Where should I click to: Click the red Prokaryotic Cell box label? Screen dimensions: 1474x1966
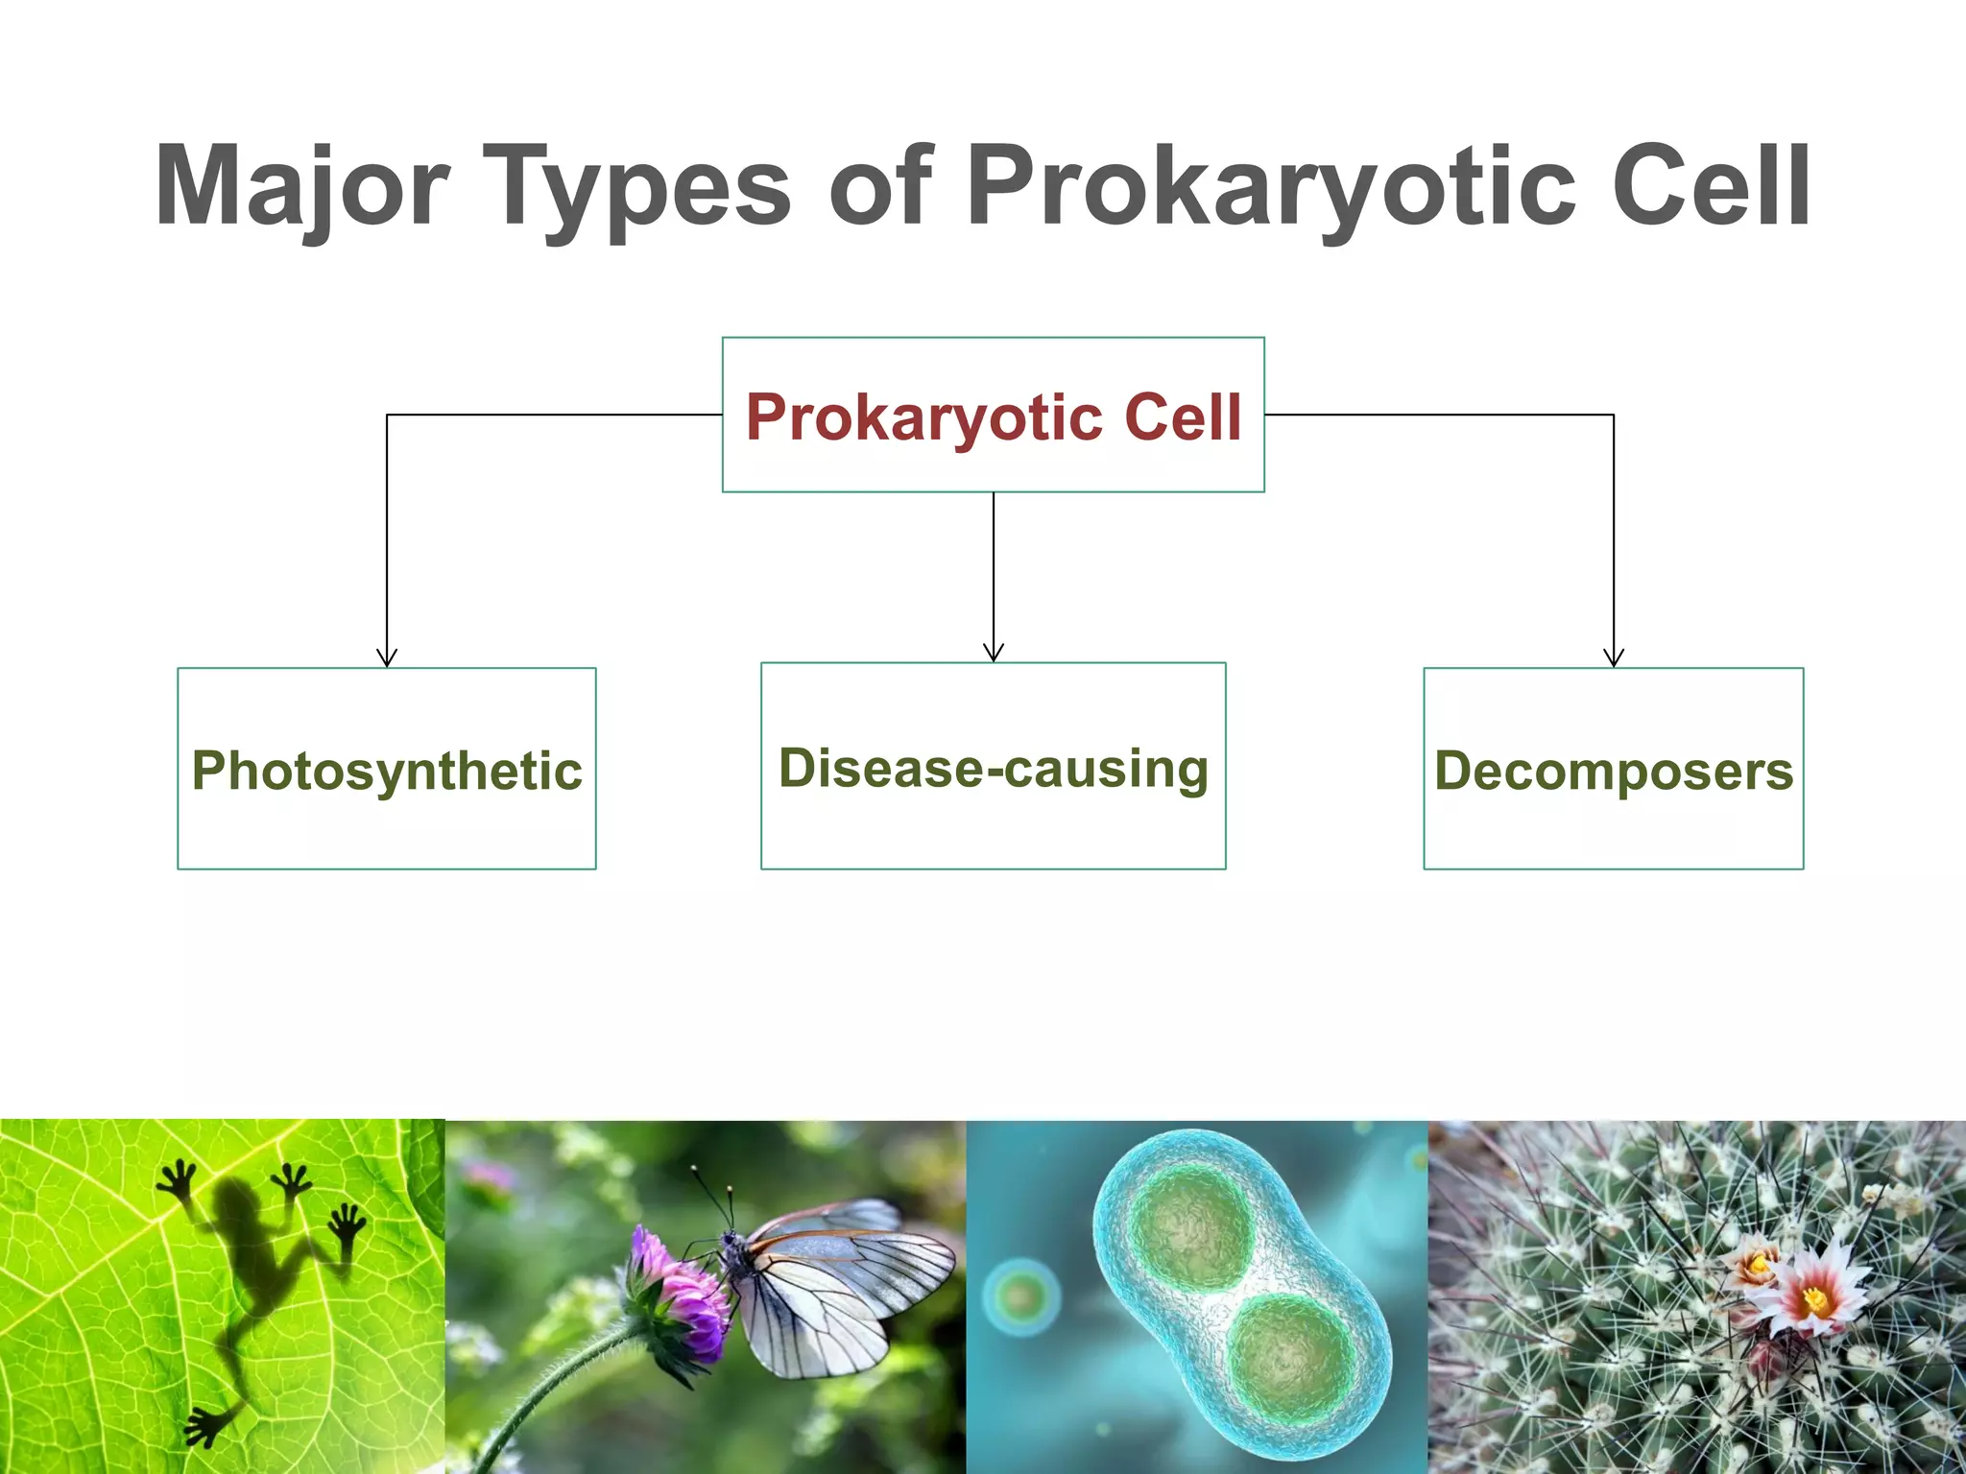pos(994,417)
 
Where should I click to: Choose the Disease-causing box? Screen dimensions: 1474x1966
pos(994,768)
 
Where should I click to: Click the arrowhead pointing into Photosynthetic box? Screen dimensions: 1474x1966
pos(387,658)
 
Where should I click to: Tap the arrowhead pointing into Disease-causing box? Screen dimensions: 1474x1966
pos(994,653)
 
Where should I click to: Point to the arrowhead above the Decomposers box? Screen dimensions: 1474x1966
pos(1614,658)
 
